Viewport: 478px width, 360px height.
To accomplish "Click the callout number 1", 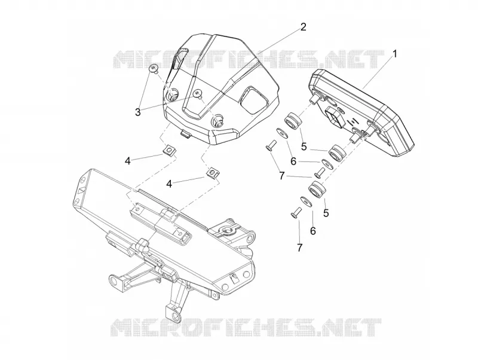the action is (x=395, y=54).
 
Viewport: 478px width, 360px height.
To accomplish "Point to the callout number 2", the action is (x=303, y=27).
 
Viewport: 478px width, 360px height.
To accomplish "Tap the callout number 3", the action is (x=138, y=112).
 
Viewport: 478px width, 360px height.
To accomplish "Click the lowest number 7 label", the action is (x=300, y=248).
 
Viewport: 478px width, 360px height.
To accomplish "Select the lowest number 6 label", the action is (x=312, y=231).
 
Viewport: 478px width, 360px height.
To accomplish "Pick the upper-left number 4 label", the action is (x=128, y=161).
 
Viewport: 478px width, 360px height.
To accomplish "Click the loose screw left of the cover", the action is (x=154, y=69).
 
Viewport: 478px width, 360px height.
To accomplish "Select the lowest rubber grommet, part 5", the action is (x=317, y=189).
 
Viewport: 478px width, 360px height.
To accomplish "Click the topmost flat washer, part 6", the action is (x=282, y=133).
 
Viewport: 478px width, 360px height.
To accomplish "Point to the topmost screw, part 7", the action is (x=271, y=145).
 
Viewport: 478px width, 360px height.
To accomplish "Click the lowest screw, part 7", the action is (x=295, y=212).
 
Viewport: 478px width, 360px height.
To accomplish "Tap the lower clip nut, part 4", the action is (x=213, y=173).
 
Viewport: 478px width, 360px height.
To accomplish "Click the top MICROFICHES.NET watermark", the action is (x=249, y=59).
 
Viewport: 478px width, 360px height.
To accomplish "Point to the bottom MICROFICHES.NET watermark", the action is (x=246, y=327).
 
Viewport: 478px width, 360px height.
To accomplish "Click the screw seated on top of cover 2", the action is (x=199, y=94).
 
